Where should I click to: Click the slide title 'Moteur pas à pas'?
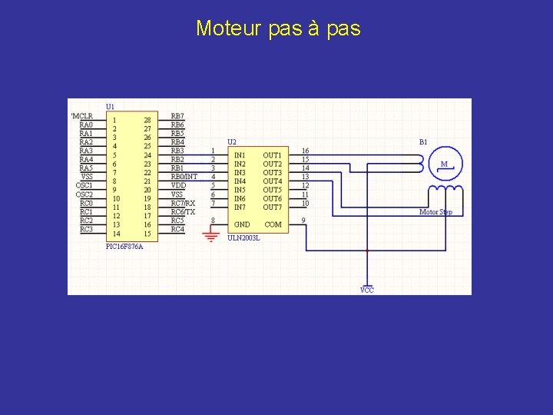tap(277, 29)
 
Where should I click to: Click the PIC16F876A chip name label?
tap(124, 247)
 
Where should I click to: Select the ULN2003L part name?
tap(243, 237)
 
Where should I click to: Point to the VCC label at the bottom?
tap(367, 290)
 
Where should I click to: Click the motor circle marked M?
tap(444, 164)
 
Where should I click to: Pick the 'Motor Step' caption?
tap(435, 211)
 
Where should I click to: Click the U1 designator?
tap(111, 106)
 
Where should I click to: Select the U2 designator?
tap(232, 141)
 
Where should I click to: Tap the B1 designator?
tap(423, 141)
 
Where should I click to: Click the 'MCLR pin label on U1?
tap(81, 116)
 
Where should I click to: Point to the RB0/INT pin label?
tap(184, 177)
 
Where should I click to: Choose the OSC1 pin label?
tap(84, 185)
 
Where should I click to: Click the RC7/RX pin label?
tap(183, 203)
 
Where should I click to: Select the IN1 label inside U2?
tap(240, 155)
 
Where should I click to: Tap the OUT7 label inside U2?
tap(273, 207)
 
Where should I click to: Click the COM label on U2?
tap(273, 224)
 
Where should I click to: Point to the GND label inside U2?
tap(242, 224)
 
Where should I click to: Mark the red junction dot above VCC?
tap(367, 251)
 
